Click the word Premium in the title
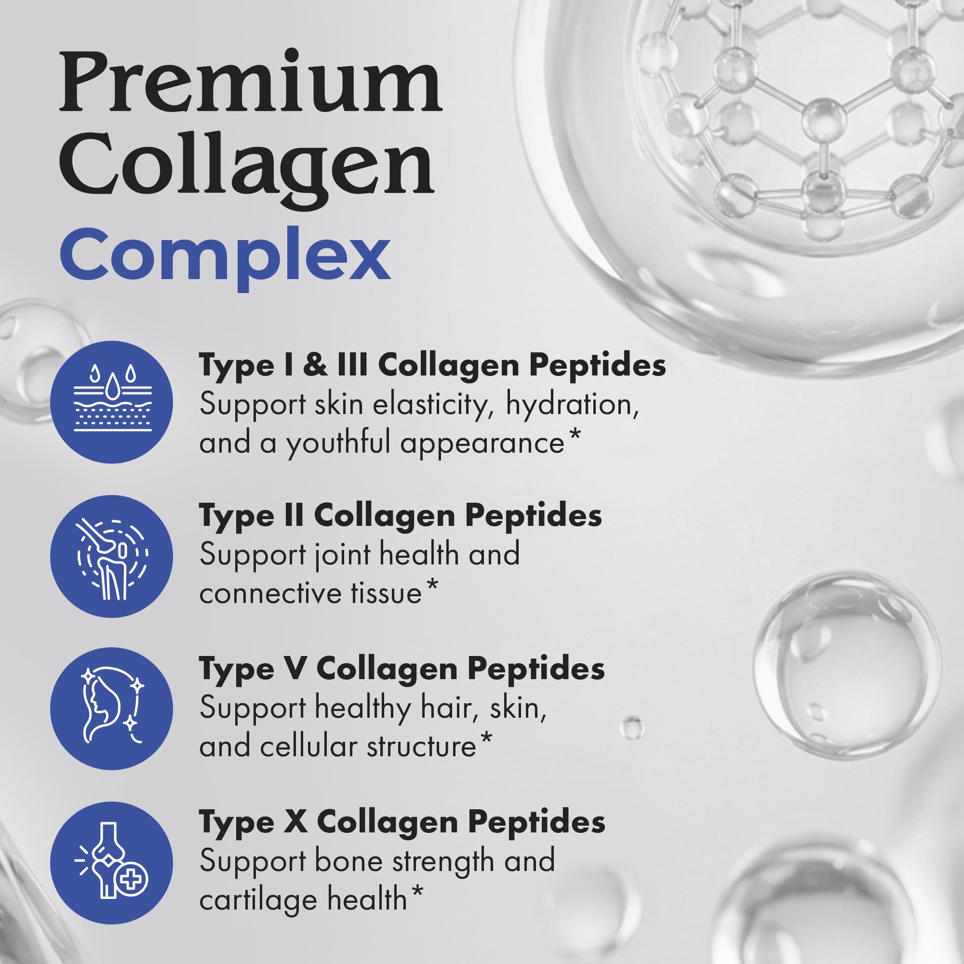(251, 82)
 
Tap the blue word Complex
(225, 255)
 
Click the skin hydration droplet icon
(112, 402)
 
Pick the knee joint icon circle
(112, 556)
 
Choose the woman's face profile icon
(112, 709)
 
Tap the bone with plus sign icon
(112, 863)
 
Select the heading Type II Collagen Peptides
(401, 516)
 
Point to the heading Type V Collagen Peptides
(402, 669)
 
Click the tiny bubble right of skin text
(632, 728)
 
